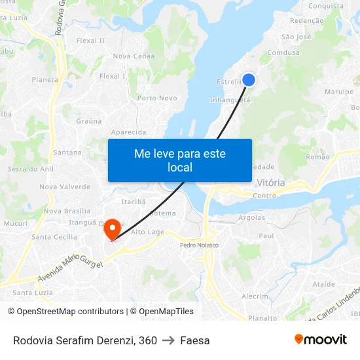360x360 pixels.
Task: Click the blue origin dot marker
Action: (x=249, y=80)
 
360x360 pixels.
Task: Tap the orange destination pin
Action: (x=112, y=227)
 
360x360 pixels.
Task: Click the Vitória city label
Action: (x=271, y=183)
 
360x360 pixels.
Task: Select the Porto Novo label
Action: (x=157, y=98)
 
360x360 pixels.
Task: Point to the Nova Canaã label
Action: (x=134, y=56)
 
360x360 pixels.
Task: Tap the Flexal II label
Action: (x=90, y=41)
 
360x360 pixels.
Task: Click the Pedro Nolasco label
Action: (x=199, y=245)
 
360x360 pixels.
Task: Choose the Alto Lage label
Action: (x=147, y=232)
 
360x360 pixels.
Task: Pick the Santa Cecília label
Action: (x=54, y=237)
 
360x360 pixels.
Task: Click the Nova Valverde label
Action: (x=65, y=187)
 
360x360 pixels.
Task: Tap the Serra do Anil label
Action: (x=30, y=169)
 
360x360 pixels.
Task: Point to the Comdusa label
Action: (x=283, y=52)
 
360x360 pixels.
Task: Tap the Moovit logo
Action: (x=320, y=340)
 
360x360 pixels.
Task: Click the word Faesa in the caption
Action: (x=195, y=340)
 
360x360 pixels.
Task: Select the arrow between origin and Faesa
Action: (x=168, y=340)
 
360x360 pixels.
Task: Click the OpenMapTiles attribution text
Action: (x=162, y=312)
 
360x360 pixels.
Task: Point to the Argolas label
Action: (x=252, y=217)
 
